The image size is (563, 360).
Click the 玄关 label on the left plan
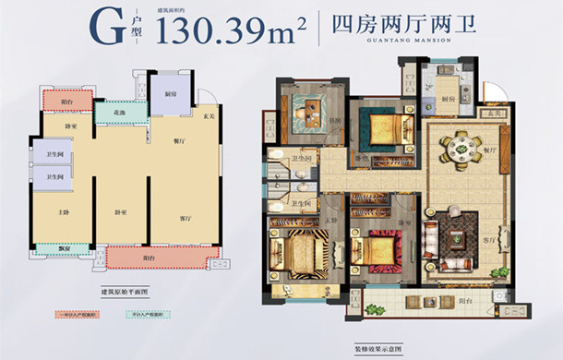tap(209, 114)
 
